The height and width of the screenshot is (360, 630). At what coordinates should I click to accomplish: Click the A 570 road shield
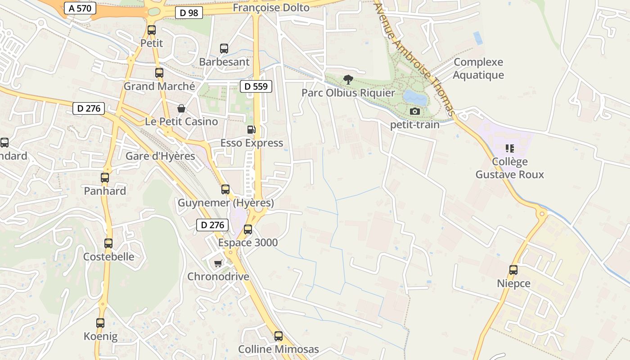pos(81,8)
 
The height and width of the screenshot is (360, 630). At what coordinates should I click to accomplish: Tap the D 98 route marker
pos(189,13)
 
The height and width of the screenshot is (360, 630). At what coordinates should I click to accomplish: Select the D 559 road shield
pos(256,86)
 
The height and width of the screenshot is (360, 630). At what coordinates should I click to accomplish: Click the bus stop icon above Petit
pos(152,30)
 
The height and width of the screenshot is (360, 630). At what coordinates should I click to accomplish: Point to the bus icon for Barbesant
pos(224,49)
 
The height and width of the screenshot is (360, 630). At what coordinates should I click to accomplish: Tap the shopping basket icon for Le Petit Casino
pos(181,108)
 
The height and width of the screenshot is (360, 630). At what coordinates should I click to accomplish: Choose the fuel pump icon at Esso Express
pos(252,130)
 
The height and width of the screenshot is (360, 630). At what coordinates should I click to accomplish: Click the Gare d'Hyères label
pos(160,156)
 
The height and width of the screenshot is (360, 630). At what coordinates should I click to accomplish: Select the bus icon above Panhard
pos(105,178)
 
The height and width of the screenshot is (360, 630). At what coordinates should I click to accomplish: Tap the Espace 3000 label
pos(248,243)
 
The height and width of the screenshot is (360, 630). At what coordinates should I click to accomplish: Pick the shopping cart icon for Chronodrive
pos(218,263)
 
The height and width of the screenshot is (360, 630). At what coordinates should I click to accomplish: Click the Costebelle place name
pos(109,256)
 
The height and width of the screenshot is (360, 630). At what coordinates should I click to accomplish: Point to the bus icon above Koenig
pos(100,323)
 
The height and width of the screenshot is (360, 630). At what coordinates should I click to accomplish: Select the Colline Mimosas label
pos(279,349)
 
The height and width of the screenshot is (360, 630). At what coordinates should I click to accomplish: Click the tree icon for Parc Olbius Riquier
pos(348,80)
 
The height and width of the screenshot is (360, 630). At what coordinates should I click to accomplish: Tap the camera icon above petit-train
pos(415,111)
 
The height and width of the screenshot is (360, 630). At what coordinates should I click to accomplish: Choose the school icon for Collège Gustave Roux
pos(510,148)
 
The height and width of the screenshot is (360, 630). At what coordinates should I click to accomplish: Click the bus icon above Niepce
pos(513,270)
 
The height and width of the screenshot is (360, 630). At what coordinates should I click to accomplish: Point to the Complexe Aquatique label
pos(478,68)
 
